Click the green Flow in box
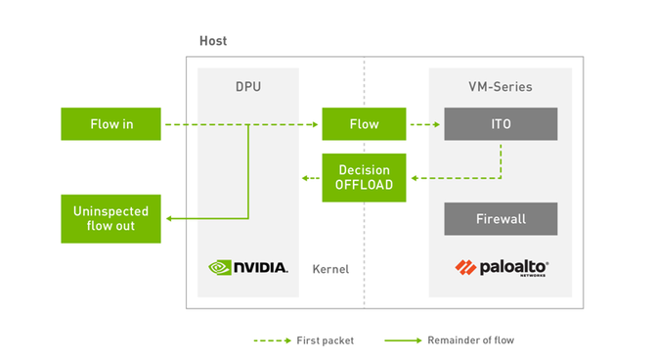(x=110, y=124)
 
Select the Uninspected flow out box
(x=110, y=219)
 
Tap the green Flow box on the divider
(x=364, y=124)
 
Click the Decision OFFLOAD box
(x=364, y=178)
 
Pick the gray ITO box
(x=501, y=124)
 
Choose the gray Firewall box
(x=501, y=219)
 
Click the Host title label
(x=213, y=41)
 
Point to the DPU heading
(x=248, y=86)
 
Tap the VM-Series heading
(x=500, y=86)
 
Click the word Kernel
(x=330, y=269)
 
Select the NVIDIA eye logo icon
(x=220, y=268)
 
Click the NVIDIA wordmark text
(x=261, y=268)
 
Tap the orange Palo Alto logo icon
(x=465, y=268)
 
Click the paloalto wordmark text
(x=514, y=268)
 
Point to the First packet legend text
(x=325, y=340)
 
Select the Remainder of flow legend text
(x=471, y=340)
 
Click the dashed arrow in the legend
(x=273, y=340)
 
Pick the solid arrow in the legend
(x=403, y=340)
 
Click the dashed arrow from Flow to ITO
(x=425, y=124)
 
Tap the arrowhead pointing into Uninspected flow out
(x=169, y=218)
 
